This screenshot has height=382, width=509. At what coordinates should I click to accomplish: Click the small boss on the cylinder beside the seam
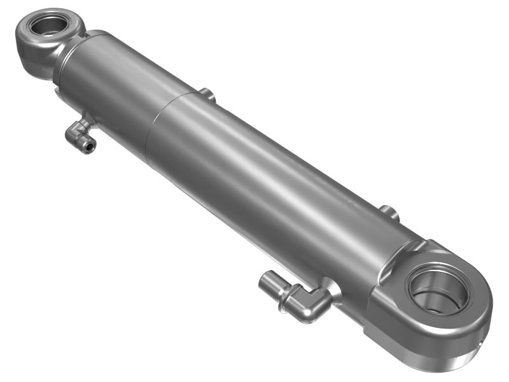coord(206,95)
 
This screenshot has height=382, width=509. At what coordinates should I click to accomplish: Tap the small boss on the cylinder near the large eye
coord(389,213)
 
